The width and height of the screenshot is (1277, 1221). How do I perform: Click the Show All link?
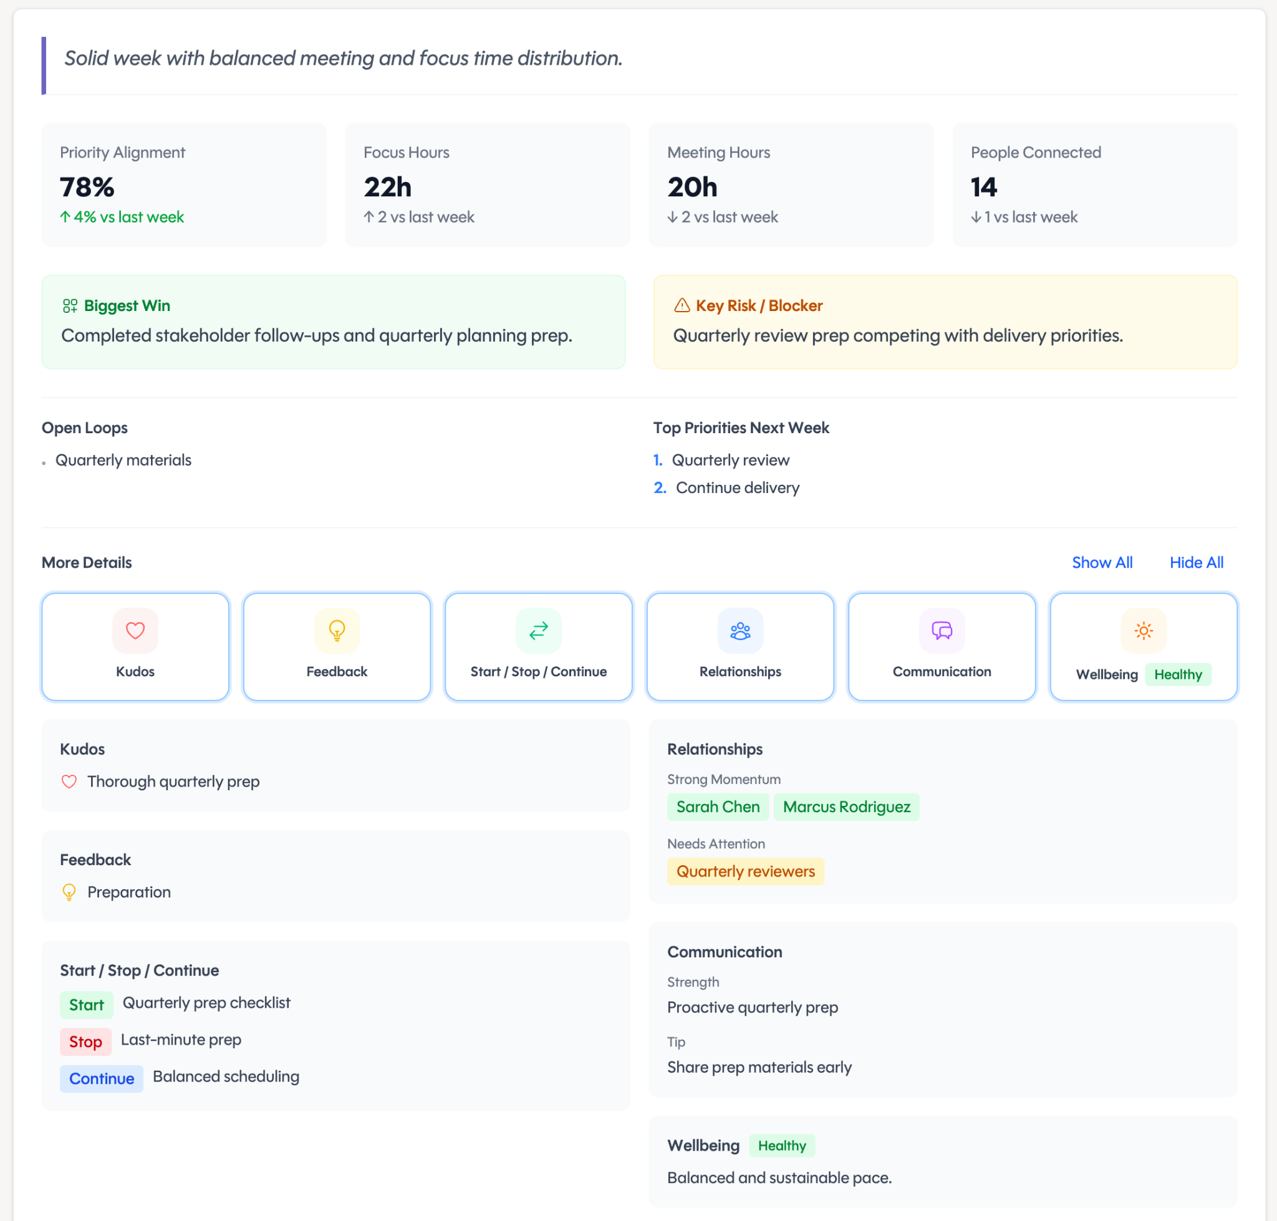pyautogui.click(x=1102, y=562)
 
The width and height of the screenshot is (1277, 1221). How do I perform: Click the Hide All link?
pyautogui.click(x=1196, y=562)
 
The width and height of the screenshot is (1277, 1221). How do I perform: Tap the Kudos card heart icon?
pyautogui.click(x=135, y=630)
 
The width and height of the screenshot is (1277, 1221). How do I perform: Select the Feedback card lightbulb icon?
pyautogui.click(x=337, y=630)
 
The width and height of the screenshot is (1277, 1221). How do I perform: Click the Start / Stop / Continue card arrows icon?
pyautogui.click(x=539, y=630)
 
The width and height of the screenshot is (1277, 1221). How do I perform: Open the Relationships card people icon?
pyautogui.click(x=740, y=630)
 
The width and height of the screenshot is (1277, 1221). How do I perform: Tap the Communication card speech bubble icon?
pyautogui.click(x=942, y=630)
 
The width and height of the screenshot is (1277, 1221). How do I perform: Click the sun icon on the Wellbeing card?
pyautogui.click(x=1144, y=630)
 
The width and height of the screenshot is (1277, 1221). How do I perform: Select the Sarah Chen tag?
pyautogui.click(x=718, y=807)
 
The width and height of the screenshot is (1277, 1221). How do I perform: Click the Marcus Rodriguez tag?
pyautogui.click(x=846, y=807)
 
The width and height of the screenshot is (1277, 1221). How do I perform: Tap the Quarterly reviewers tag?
pyautogui.click(x=745, y=871)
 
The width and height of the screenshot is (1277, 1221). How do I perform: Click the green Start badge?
pyautogui.click(x=86, y=1004)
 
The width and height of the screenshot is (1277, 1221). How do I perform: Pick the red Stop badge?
pyautogui.click(x=85, y=1041)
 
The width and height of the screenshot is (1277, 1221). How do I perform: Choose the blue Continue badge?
pyautogui.click(x=101, y=1078)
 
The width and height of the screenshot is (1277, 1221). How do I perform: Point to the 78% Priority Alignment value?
pyautogui.click(x=87, y=187)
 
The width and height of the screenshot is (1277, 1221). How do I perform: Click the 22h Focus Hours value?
pyautogui.click(x=387, y=187)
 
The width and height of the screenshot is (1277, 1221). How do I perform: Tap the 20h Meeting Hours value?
pyautogui.click(x=692, y=187)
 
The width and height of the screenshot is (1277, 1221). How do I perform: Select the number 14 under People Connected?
pyautogui.click(x=983, y=187)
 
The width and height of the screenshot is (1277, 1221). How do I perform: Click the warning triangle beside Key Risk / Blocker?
pyautogui.click(x=682, y=305)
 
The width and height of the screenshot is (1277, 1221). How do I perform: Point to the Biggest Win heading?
pyautogui.click(x=127, y=305)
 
